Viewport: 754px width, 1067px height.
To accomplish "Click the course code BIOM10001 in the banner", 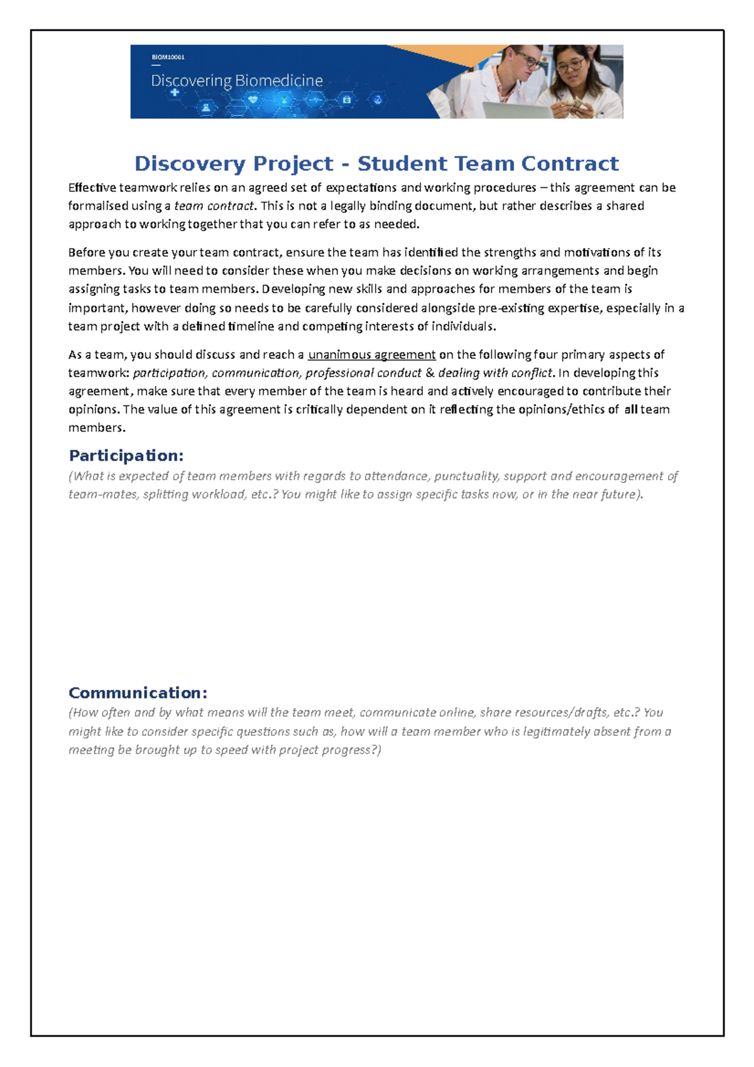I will [168, 57].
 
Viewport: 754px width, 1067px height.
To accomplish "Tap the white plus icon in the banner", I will [175, 93].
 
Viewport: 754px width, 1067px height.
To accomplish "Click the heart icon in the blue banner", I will [253, 99].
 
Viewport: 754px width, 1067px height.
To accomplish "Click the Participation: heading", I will [126, 456].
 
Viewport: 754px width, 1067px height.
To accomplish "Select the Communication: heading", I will [138, 693].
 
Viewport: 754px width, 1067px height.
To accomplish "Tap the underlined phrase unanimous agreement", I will [371, 354].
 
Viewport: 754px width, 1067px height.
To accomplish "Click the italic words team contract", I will [214, 205].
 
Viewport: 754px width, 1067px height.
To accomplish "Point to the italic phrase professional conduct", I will [363, 373].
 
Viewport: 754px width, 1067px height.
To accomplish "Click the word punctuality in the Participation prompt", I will [466, 476].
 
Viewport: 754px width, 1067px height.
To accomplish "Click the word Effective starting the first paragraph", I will [92, 187].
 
